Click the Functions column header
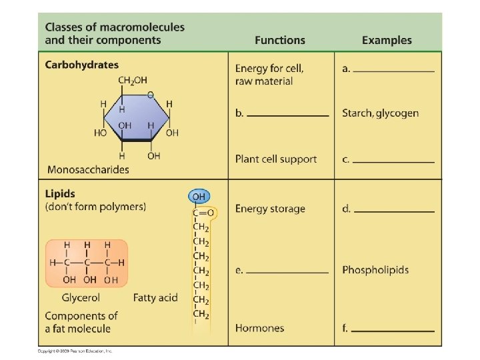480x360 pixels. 280,40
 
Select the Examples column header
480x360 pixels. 387,40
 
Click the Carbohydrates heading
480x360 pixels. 81,65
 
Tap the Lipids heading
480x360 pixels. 60,194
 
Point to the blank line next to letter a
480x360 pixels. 395,70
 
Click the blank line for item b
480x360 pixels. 288,115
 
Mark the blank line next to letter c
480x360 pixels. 395,161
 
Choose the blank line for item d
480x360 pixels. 395,211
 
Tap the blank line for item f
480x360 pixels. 395,330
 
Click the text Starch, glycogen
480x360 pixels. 380,113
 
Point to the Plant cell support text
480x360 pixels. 275,159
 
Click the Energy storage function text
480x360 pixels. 270,209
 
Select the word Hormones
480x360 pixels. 259,328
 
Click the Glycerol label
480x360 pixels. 81,297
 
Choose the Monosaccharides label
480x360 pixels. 88,169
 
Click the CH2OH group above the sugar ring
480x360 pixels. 133,81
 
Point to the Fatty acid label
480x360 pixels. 155,297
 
